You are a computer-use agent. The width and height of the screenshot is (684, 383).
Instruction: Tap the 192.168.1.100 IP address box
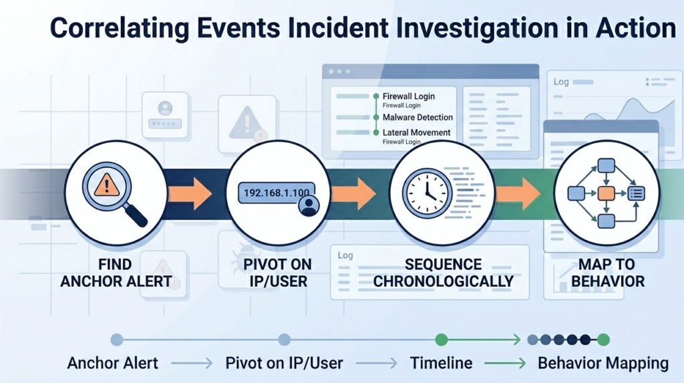pos(274,193)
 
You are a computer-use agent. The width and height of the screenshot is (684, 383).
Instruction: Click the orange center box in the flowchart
pos(605,194)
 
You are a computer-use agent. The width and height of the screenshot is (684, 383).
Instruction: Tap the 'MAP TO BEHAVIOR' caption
pos(607,273)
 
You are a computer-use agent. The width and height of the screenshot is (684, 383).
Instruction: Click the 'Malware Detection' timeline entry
pos(417,117)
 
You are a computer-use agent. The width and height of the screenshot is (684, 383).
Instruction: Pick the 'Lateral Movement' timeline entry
pos(416,132)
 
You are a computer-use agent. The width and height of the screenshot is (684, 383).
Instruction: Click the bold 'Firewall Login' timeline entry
pos(408,96)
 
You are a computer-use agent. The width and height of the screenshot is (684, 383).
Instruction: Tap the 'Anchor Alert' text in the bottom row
pos(113,364)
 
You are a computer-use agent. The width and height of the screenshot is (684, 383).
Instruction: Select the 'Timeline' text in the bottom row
pos(441,364)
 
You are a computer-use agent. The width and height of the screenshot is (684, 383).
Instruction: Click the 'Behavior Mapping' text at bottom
pos(603,364)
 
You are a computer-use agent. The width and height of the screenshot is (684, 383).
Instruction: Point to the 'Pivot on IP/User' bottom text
pos(284,364)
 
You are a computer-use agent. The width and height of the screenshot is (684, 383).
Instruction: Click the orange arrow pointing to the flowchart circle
pos(519,193)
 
